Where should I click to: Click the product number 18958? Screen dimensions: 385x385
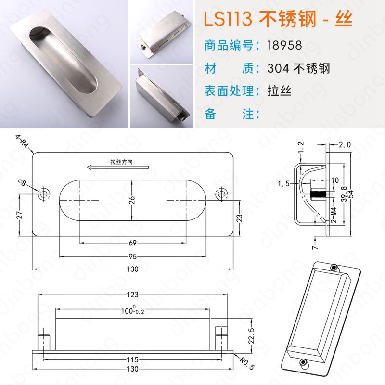tap(284, 45)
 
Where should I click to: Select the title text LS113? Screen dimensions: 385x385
tap(228, 19)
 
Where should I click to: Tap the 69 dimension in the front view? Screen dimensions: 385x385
tap(132, 243)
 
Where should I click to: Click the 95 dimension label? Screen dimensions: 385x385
tap(132, 257)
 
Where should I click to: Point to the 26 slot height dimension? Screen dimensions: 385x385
tap(132, 200)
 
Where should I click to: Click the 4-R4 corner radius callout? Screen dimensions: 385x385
tap(22, 141)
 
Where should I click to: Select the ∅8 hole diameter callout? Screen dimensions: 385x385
tap(22, 183)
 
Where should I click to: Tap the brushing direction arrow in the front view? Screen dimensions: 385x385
tap(117, 167)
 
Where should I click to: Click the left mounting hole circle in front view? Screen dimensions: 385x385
tap(44, 194)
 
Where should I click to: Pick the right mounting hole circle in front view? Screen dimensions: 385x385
tap(221, 194)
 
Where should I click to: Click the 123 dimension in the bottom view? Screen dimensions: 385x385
tap(132, 295)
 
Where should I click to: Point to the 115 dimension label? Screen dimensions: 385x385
tap(132, 359)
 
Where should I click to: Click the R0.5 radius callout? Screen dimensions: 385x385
tap(247, 364)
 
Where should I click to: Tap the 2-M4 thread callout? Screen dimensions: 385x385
tap(334, 215)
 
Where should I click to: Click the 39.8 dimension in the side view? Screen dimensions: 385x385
tap(344, 194)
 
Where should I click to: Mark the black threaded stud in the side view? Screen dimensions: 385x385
tap(318, 194)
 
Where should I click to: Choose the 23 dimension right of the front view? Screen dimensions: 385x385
tap(239, 218)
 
